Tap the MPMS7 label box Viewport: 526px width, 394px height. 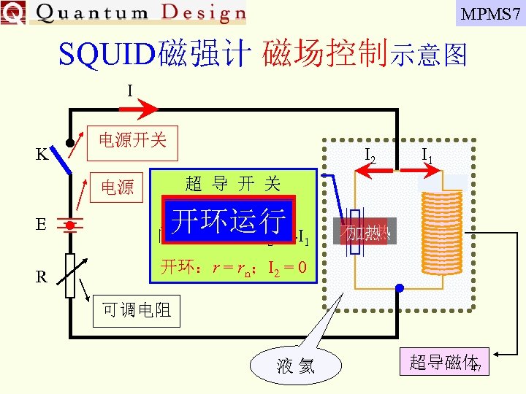coord(490,13)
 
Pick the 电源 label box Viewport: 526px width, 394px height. coord(117,188)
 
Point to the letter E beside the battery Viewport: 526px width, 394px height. coord(42,223)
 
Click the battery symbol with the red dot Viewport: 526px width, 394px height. coord(70,225)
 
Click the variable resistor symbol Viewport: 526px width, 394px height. coord(70,276)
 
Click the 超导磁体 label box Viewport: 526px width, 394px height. coord(443,363)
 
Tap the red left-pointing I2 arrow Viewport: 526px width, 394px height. coord(372,169)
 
